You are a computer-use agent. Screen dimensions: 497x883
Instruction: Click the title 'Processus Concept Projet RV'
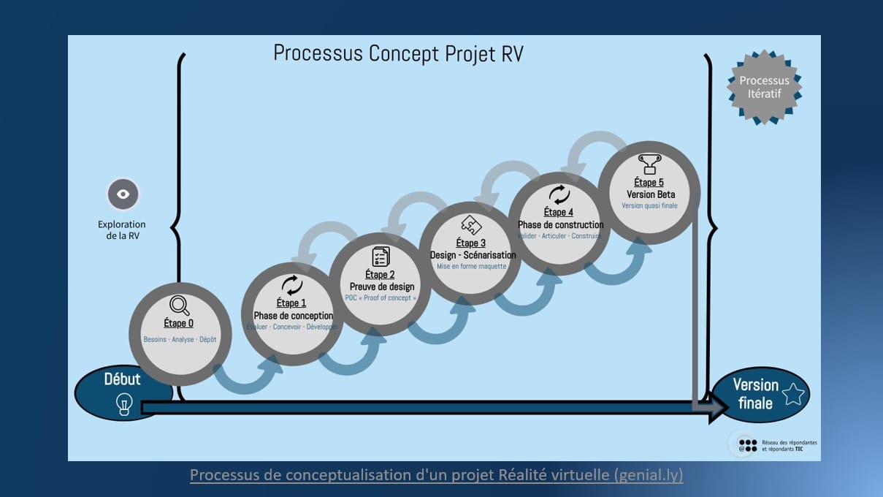click(x=398, y=53)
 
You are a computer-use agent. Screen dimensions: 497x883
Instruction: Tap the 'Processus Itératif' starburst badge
click(x=764, y=87)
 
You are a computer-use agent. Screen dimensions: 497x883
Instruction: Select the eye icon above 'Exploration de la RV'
click(x=123, y=194)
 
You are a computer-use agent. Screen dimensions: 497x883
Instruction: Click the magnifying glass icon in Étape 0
click(x=179, y=305)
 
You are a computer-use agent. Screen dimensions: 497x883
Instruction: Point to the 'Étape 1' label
click(x=291, y=303)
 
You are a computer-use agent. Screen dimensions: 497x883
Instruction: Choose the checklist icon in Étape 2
click(x=381, y=257)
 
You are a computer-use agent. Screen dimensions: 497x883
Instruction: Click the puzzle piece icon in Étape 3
click(x=471, y=225)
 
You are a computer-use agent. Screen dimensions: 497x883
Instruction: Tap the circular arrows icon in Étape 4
click(x=559, y=194)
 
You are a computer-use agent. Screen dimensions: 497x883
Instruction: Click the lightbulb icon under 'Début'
click(x=124, y=403)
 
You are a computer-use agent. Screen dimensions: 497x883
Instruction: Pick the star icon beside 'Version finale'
click(x=792, y=395)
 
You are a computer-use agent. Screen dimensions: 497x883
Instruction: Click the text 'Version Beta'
click(x=650, y=194)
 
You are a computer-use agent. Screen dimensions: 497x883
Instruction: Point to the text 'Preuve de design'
click(x=381, y=287)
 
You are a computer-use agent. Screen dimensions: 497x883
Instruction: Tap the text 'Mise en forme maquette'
click(x=471, y=267)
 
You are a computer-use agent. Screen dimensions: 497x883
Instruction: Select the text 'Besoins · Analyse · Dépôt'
click(x=180, y=340)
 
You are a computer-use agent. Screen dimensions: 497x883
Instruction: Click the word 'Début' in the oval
click(x=122, y=379)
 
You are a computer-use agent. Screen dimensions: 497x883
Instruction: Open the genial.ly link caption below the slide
click(x=436, y=475)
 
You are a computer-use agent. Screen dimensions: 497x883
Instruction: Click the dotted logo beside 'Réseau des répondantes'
click(x=747, y=445)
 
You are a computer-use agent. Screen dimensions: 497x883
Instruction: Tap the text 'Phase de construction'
click(x=560, y=224)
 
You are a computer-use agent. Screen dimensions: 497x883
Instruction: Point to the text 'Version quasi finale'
click(x=649, y=205)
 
